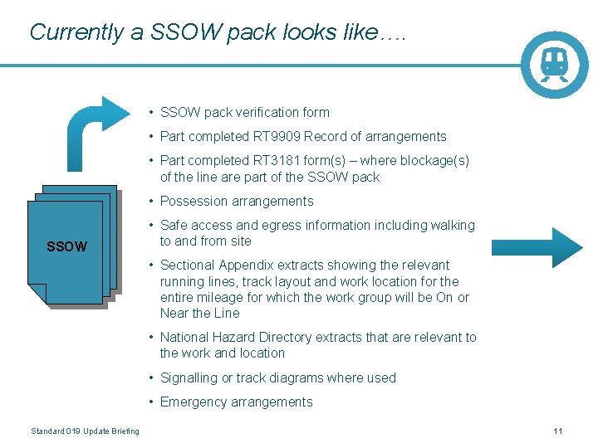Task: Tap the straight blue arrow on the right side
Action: (x=537, y=247)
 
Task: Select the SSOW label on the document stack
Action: (x=66, y=246)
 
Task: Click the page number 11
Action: (x=558, y=431)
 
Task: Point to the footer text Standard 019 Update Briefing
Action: (x=85, y=431)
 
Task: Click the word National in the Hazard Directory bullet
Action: (x=185, y=338)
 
